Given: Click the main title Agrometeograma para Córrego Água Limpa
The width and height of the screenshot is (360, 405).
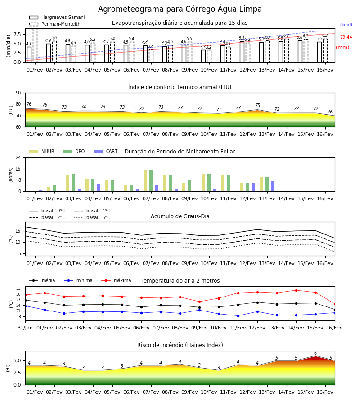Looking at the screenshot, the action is (180, 9).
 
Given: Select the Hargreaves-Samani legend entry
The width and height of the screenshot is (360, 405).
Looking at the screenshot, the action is (57, 17).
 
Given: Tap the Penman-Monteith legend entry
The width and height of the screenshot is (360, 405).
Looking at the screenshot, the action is (55, 24).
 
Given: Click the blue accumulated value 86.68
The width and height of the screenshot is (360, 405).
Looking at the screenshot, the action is (346, 25).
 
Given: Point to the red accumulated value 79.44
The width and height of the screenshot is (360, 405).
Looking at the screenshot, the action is (346, 37).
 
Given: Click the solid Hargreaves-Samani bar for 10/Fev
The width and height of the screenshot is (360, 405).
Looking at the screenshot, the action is (203, 56).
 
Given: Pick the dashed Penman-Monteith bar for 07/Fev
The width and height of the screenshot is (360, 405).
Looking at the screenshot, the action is (151, 56).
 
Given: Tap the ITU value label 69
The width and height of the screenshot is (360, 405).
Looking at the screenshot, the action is (331, 112).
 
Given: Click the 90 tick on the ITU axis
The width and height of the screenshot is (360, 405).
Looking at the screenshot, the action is (18, 93).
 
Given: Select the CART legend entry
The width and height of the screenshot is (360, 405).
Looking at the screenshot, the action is (106, 151).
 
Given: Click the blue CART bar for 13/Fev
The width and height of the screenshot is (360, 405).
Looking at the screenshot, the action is (273, 186).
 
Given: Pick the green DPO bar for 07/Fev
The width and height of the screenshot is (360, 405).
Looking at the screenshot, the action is (151, 181).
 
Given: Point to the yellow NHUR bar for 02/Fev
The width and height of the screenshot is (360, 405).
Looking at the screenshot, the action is (48, 189).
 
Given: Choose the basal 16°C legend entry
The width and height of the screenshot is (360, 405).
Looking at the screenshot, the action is (92, 217).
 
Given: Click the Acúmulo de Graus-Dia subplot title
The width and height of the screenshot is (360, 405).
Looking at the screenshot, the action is (180, 216).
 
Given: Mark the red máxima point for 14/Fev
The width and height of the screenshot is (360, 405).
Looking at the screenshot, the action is (296, 290).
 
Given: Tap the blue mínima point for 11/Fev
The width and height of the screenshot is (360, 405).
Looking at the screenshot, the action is (238, 316).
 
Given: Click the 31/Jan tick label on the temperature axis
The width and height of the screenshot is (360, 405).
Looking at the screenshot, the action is (25, 328).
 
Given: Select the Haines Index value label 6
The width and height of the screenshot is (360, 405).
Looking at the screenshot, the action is (315, 353).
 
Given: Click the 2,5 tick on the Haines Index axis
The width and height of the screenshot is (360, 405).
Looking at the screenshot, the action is (17, 373).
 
